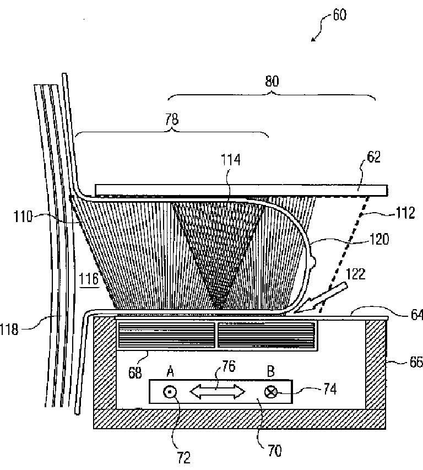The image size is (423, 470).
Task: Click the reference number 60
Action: pyautogui.click(x=339, y=14)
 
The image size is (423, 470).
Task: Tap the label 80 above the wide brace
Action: pyautogui.click(x=271, y=82)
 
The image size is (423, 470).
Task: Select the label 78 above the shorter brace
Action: pyautogui.click(x=172, y=116)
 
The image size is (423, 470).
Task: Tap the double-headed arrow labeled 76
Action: pyautogui.click(x=217, y=392)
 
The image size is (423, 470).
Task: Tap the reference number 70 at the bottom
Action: pyautogui.click(x=274, y=451)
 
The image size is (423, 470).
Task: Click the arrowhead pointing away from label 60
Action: pyautogui.click(x=313, y=39)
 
